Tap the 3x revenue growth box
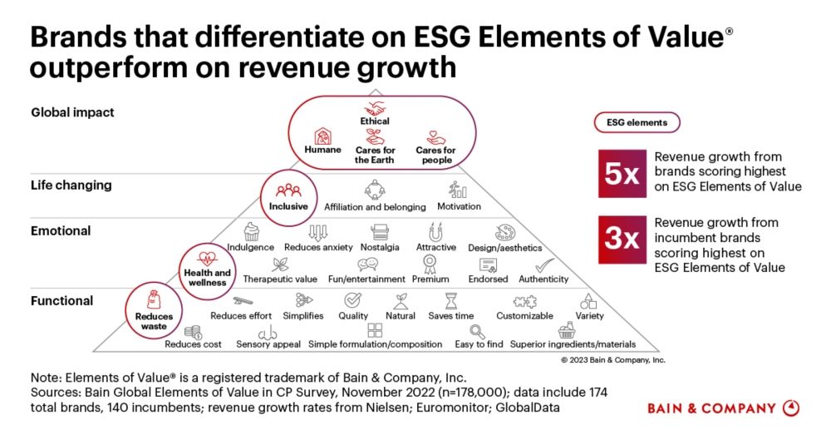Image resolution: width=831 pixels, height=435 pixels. (622, 240)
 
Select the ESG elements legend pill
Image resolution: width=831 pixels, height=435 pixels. (636, 122)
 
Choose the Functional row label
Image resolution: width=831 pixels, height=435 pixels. (61, 300)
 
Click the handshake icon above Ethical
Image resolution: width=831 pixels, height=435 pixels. (375, 108)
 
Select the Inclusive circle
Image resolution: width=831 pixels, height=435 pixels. (288, 196)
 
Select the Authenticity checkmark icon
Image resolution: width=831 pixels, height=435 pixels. (540, 265)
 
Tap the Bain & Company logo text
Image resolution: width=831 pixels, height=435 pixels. (713, 408)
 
